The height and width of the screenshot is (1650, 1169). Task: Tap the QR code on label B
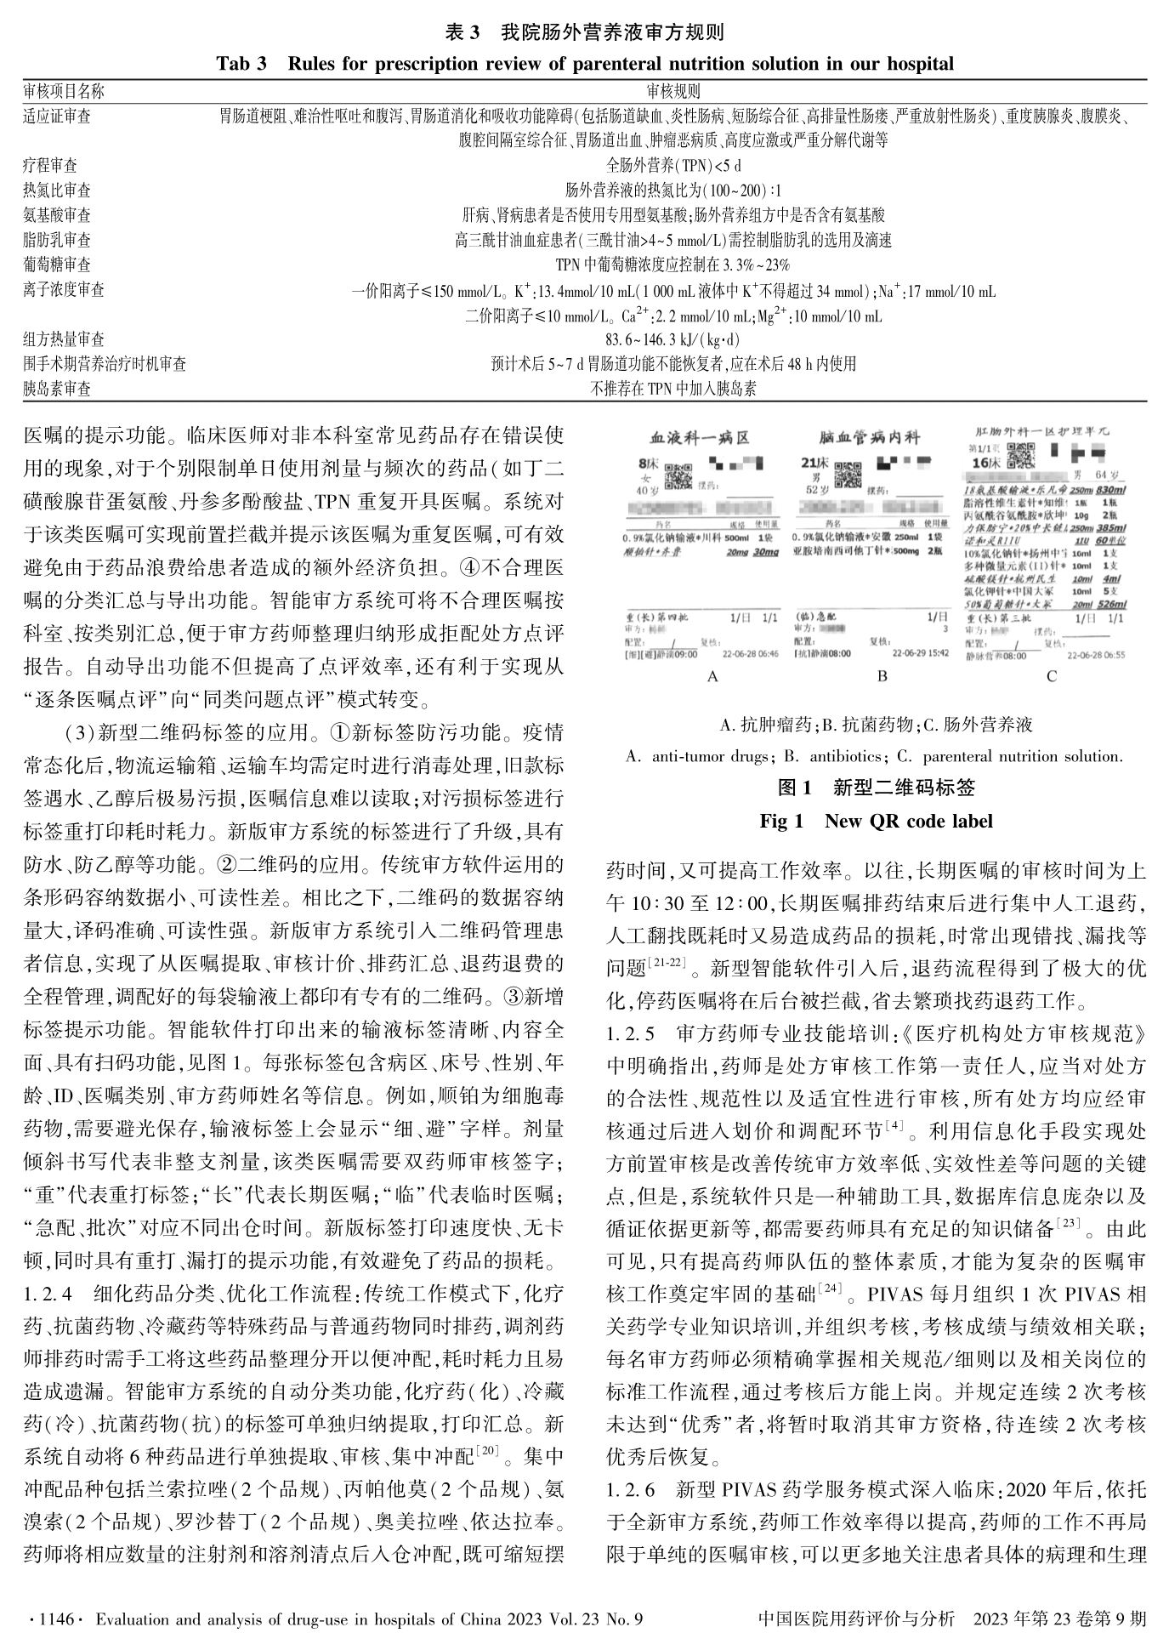tap(848, 475)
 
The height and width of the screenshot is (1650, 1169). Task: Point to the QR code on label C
tap(1020, 456)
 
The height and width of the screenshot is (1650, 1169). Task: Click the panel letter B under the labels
tap(882, 676)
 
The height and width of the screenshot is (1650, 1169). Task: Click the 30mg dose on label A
tap(767, 553)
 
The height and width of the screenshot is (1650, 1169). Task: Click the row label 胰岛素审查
tap(57, 389)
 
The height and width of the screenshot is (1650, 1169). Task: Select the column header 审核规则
tap(673, 91)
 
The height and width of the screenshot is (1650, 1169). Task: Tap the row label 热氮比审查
tap(57, 190)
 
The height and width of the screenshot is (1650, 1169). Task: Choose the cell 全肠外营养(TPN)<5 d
tap(673, 166)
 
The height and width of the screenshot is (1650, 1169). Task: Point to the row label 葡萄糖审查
tap(57, 265)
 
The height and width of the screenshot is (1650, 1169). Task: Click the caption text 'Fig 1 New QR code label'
tap(876, 821)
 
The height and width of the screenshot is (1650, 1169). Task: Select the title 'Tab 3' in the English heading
tap(241, 64)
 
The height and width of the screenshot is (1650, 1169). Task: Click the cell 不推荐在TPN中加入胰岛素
tap(673, 389)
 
